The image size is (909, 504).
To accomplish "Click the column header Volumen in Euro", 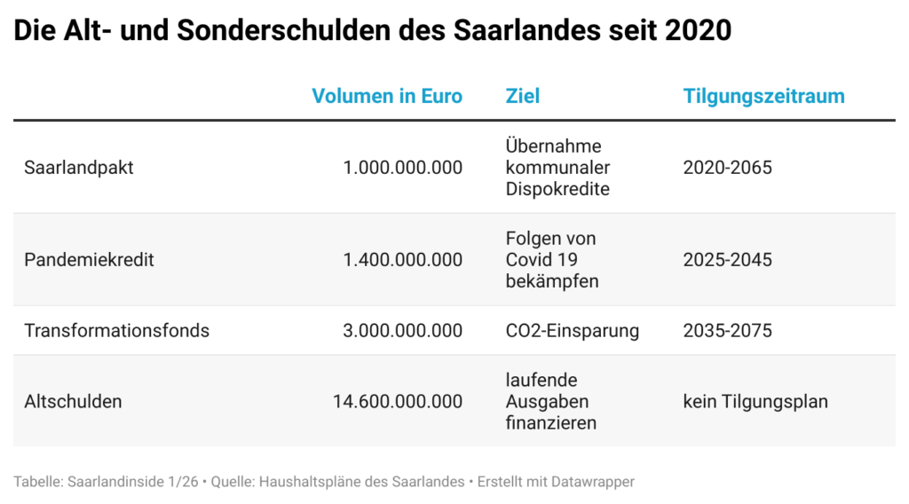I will pos(387,96).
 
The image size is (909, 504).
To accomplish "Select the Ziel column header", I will pos(522,96).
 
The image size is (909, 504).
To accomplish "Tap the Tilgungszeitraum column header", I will pos(763,96).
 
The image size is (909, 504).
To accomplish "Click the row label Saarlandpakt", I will pos(79,168).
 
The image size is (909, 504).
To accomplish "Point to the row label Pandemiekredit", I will pos(89,260).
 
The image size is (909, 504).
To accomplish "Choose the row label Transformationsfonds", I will pos(117,331).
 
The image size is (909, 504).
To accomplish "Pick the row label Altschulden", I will pos(73,401).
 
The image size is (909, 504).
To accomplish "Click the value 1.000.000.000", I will pos(402,168).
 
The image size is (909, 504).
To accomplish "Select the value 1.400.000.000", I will pos(402,260).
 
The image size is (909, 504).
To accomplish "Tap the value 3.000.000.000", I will pos(402,331).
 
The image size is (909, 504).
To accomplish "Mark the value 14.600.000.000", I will pos(397,401).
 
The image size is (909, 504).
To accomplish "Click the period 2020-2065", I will pos(727,168).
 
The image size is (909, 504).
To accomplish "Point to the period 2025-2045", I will pos(727,260).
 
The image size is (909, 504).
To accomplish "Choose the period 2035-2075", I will pos(727,331).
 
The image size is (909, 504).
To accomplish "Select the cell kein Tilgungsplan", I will pos(755,401).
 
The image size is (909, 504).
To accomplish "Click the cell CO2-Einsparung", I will pos(572,331).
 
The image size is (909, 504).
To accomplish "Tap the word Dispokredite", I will pos(557,189).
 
